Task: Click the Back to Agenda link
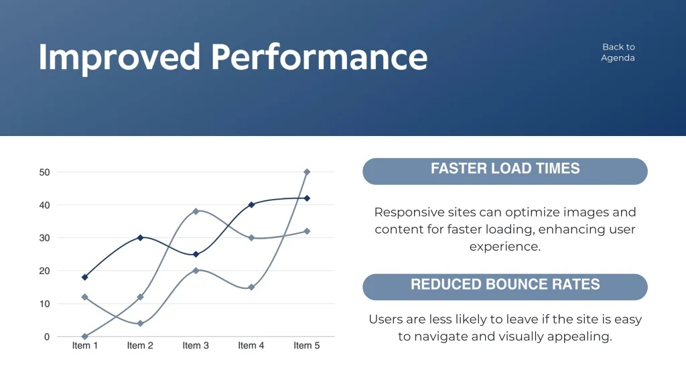(x=618, y=52)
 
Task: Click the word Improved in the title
(x=119, y=58)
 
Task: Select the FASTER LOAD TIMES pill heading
(x=505, y=171)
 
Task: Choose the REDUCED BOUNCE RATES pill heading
(x=505, y=287)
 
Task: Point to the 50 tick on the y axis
(x=44, y=172)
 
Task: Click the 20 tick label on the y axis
(x=44, y=271)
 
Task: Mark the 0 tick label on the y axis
(x=47, y=336)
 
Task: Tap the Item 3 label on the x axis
(x=196, y=345)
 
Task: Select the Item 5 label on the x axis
(x=307, y=345)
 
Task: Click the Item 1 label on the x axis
(x=85, y=345)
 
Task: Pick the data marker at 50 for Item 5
(x=307, y=172)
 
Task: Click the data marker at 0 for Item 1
(x=85, y=336)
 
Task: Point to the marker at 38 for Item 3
(x=196, y=211)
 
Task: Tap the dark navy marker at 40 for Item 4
(x=251, y=205)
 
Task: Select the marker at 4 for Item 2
(x=141, y=324)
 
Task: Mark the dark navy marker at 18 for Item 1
(x=85, y=277)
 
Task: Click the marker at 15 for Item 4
(x=251, y=287)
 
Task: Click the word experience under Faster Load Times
(x=505, y=247)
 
